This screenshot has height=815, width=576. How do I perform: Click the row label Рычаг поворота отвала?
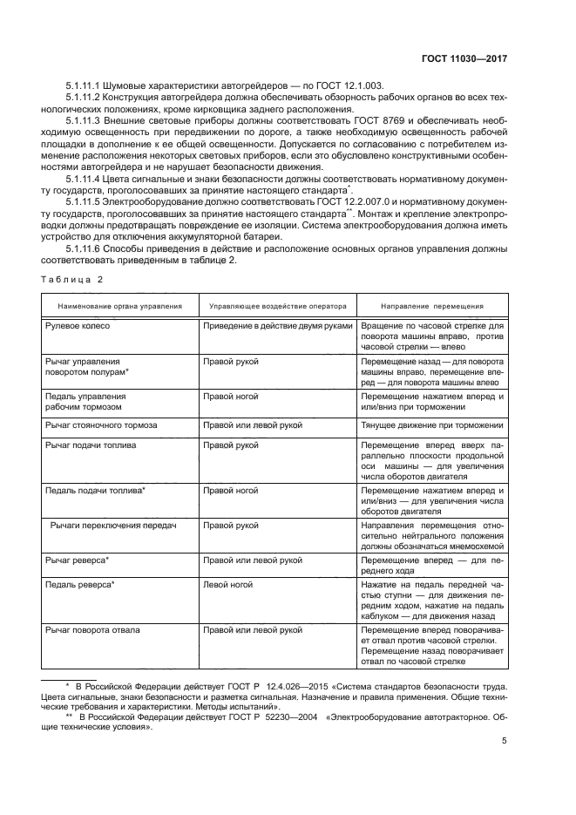92,629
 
